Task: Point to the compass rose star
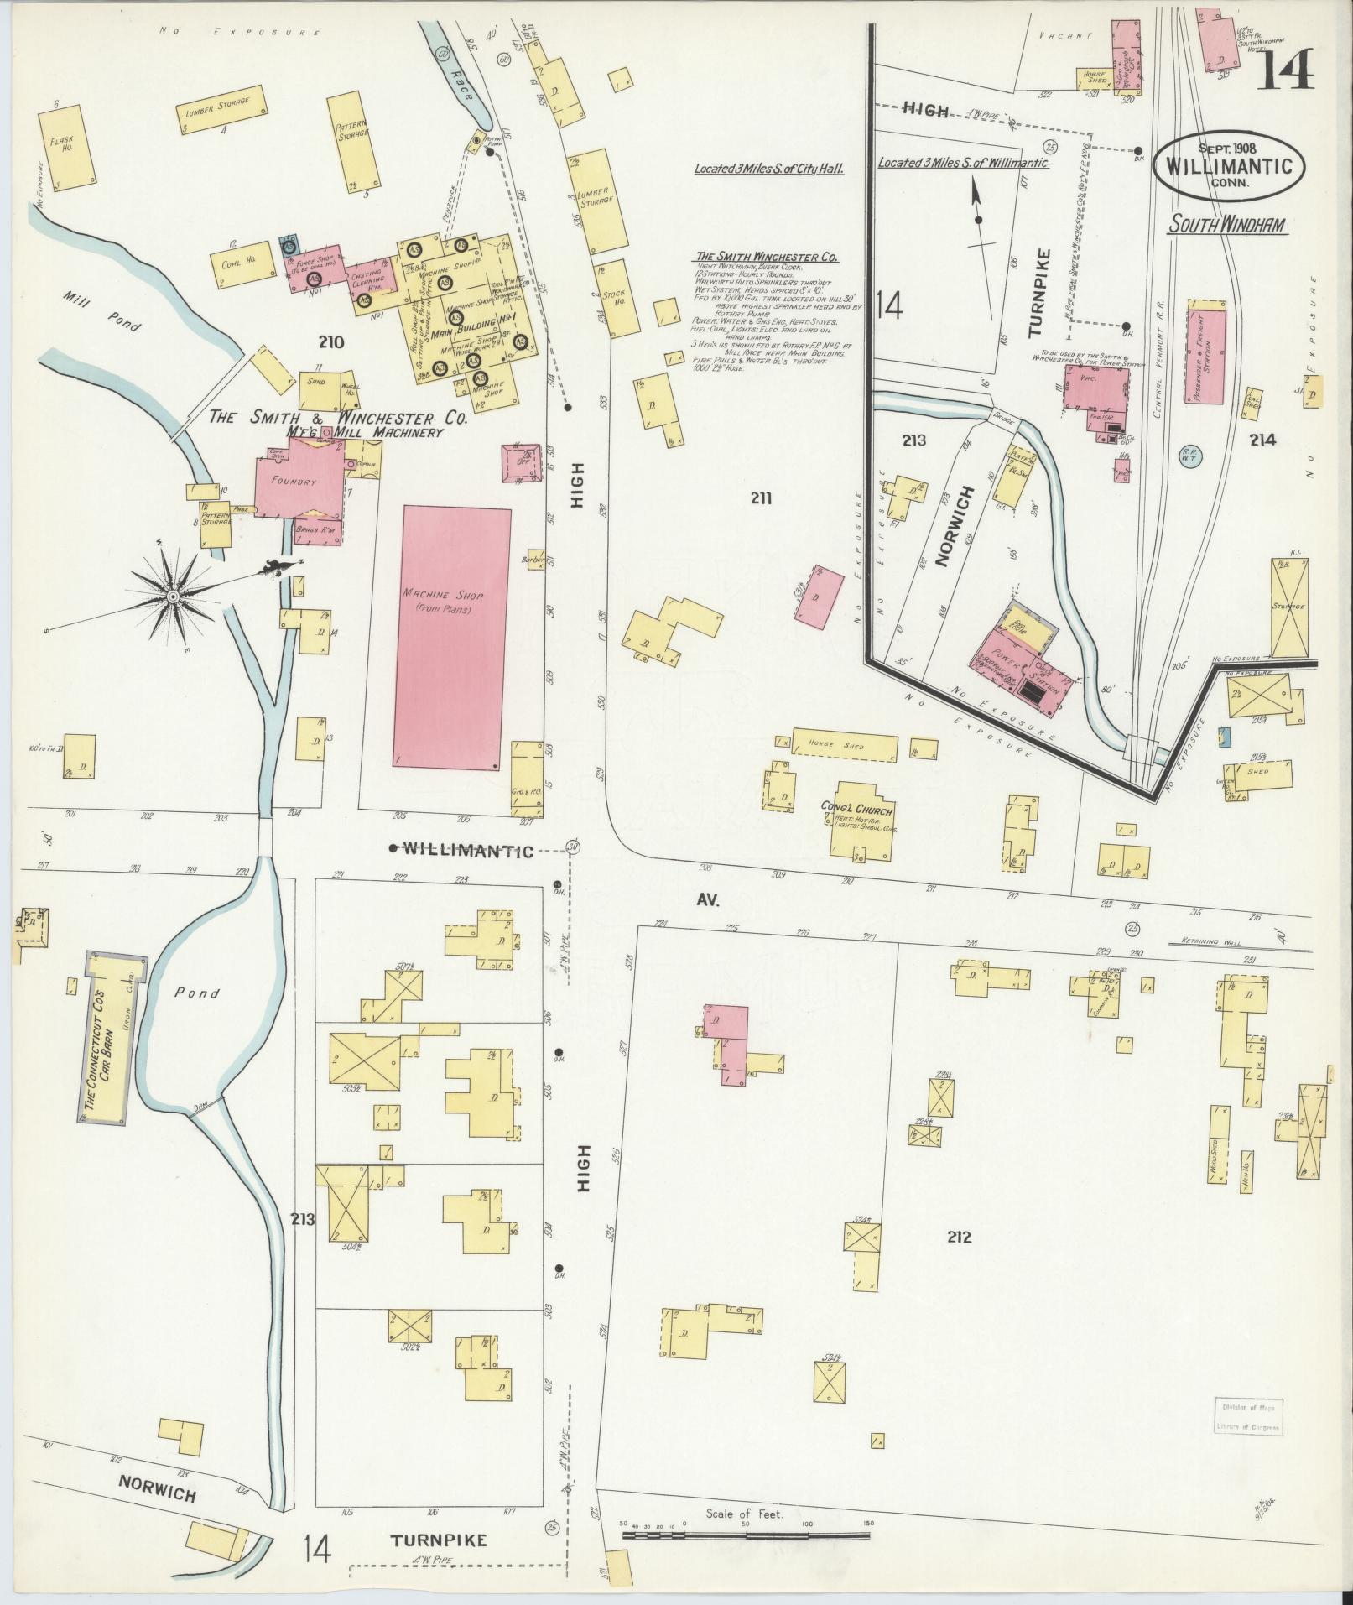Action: (172, 596)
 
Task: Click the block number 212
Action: (959, 1237)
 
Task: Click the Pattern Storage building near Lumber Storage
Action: (353, 140)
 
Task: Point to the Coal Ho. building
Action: (243, 261)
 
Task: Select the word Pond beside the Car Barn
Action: (203, 993)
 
